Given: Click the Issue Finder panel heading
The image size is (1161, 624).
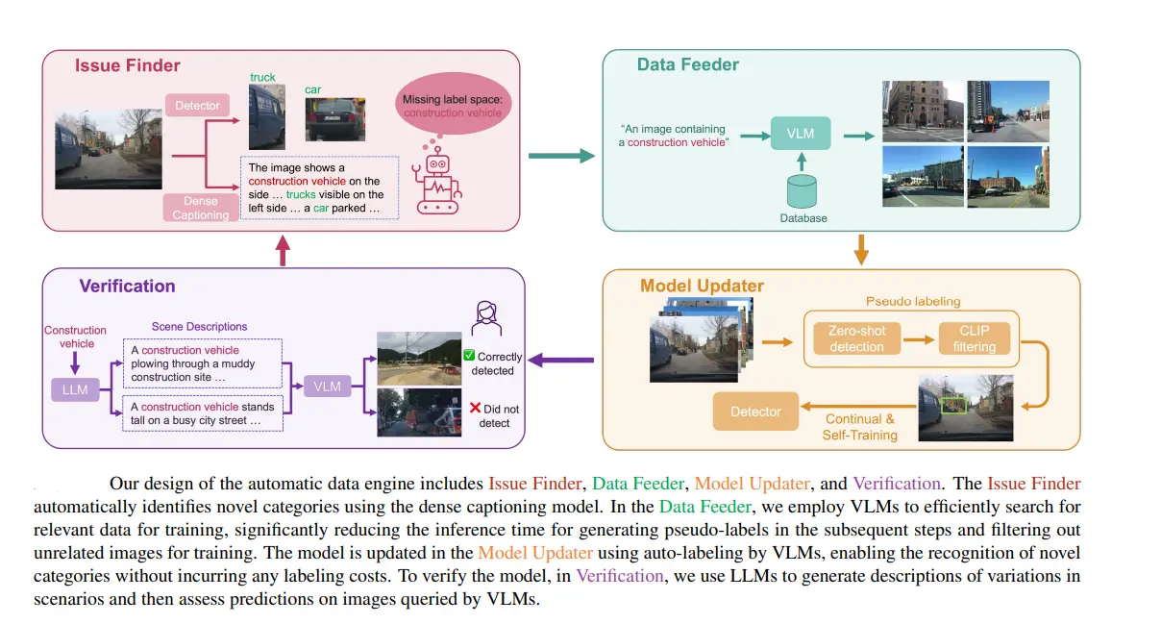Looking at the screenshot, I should coord(128,65).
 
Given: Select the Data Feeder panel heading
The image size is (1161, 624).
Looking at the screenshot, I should coord(687,64).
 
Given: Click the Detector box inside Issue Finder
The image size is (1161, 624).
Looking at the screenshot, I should coord(197,105).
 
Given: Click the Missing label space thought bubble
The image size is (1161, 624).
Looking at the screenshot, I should coord(452,106).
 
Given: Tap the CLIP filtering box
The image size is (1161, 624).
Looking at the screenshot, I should coord(975,338).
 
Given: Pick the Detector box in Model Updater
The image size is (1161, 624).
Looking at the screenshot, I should coord(755,412).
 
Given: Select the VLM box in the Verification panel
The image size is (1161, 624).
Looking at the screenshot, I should coord(327,387).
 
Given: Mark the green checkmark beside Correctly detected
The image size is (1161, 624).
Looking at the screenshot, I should coord(470,355).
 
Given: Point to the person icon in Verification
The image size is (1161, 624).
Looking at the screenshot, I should coord(484,314).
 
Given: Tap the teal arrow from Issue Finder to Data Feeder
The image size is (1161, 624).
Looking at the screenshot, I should coord(562,153).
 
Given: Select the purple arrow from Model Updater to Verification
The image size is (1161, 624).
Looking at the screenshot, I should coord(562,361).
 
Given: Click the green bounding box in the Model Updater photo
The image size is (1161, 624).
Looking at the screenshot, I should coord(952,407).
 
